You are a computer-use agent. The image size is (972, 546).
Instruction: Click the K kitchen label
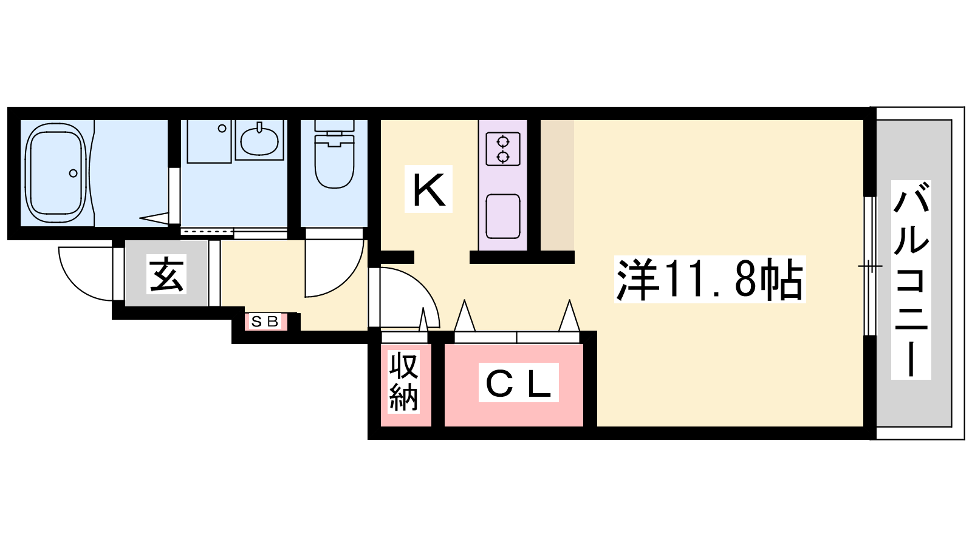pyautogui.click(x=428, y=189)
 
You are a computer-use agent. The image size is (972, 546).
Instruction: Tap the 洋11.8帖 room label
pyautogui.click(x=710, y=279)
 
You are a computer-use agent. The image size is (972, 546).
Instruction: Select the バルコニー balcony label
pyautogui.click(x=911, y=280)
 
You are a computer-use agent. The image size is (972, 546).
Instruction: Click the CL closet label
pyautogui.click(x=519, y=382)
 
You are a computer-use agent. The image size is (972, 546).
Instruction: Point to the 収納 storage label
pyautogui.click(x=403, y=382)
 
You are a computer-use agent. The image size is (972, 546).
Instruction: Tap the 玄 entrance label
pyautogui.click(x=166, y=274)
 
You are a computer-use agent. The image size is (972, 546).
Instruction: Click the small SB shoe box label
pyautogui.click(x=265, y=322)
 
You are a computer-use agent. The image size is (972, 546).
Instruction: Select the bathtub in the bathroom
pyautogui.click(x=55, y=173)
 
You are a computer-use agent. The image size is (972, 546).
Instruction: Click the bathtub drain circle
pyautogui.click(x=74, y=174)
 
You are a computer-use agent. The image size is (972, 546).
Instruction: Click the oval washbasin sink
pyautogui.click(x=259, y=141)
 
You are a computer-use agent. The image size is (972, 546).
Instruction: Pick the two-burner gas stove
pyautogui.click(x=503, y=149)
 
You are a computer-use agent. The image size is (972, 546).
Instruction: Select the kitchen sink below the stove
pyautogui.click(x=503, y=216)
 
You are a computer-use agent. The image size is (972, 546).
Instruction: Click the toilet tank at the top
pyautogui.click(x=334, y=126)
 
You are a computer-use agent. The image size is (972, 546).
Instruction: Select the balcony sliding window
pyautogui.click(x=870, y=266)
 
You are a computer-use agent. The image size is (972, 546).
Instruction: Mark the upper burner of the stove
pyautogui.click(x=503, y=142)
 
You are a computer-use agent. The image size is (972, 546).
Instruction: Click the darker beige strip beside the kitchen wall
pyautogui.click(x=557, y=185)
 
